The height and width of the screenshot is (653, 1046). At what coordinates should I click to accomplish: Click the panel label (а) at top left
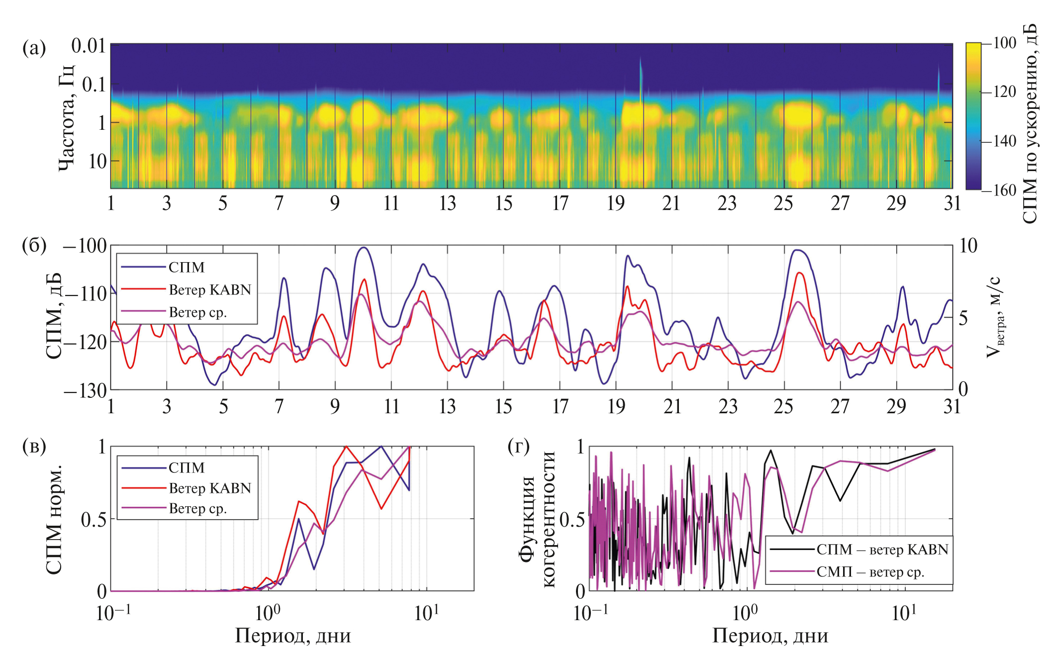coord(34,48)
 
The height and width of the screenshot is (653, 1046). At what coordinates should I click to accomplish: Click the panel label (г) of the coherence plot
coord(519,446)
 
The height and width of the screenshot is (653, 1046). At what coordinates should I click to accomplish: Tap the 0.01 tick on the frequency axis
coord(89,46)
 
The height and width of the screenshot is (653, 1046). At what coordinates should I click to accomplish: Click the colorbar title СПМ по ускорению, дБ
coord(1031,123)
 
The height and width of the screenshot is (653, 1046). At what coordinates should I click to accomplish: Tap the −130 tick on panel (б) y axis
coord(86,390)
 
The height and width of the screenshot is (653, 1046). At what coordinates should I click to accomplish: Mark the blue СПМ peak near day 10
coord(364,248)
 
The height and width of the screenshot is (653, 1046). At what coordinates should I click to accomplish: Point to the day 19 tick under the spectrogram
coord(616,203)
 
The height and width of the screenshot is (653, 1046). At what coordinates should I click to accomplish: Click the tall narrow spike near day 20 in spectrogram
coord(641,75)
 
